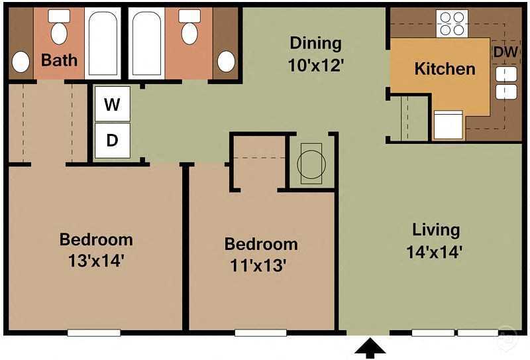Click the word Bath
[59, 60]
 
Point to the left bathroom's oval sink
[21, 62]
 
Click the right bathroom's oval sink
[226, 62]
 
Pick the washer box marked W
[112, 105]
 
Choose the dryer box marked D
[112, 141]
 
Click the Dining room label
[316, 44]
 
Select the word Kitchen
[445, 69]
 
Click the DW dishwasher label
[505, 52]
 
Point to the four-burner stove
[452, 23]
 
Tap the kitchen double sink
[506, 83]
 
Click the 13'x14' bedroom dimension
[95, 261]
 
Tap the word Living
[435, 230]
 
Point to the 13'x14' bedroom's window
[93, 333]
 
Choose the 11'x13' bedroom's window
[260, 333]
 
